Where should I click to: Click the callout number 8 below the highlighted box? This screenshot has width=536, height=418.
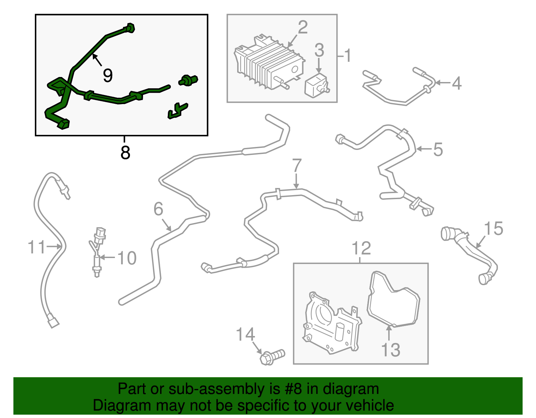coord(125,153)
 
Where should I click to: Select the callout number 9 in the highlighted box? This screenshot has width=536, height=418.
coord(108,75)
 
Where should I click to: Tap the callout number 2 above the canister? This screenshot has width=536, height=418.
coord(302,27)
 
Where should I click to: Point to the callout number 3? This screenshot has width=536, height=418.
coord(319,50)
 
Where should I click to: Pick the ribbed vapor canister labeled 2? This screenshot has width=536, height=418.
coord(268,64)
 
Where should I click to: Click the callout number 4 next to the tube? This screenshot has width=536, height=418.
coord(456,83)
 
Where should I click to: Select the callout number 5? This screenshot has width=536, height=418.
coord(438,149)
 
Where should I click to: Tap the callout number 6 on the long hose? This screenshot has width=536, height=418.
coord(158,209)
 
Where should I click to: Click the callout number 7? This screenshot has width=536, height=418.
coord(297,165)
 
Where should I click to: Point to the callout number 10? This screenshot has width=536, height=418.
coord(127,258)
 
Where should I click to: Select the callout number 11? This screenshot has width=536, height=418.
coord(37,247)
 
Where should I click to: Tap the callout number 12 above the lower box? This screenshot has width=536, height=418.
coord(361,248)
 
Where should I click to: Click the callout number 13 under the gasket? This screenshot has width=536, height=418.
coord(391,350)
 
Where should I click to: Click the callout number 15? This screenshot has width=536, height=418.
coord(494,229)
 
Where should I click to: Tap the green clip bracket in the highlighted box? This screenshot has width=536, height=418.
coord(178,111)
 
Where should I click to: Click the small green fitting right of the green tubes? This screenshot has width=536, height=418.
coord(188,80)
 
